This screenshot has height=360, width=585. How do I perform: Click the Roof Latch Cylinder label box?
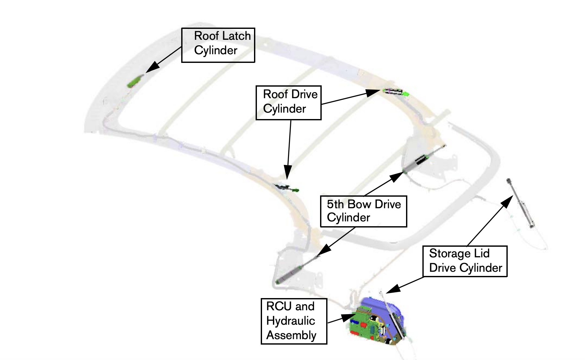[x=218, y=45]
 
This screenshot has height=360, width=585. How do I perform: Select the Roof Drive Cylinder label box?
[x=288, y=103]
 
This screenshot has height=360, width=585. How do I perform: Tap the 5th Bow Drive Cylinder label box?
[x=363, y=211]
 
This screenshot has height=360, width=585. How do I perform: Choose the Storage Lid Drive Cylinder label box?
[x=465, y=261]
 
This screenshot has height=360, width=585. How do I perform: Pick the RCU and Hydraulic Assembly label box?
[x=294, y=321]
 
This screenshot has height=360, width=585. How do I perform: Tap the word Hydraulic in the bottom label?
[x=291, y=321]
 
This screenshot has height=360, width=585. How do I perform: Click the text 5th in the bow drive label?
[x=335, y=204]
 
